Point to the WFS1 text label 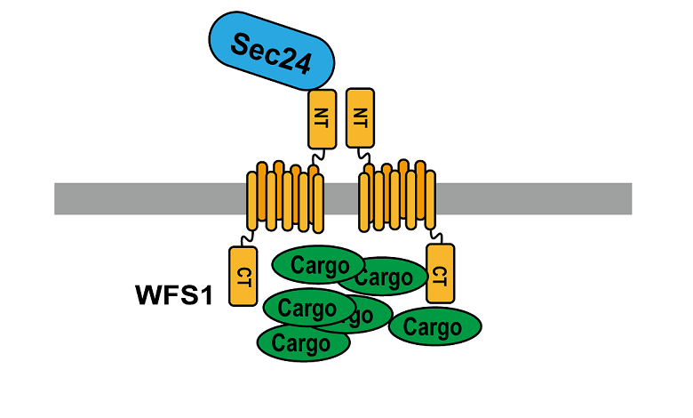pyautogui.click(x=174, y=294)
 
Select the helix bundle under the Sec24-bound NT pyautogui.click(x=283, y=197)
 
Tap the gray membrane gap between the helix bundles pyautogui.click(x=342, y=198)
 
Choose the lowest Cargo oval pyautogui.click(x=303, y=342)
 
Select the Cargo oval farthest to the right pyautogui.click(x=435, y=326)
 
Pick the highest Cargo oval pyautogui.click(x=317, y=265)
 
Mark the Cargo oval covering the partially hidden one pyautogui.click(x=307, y=309)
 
